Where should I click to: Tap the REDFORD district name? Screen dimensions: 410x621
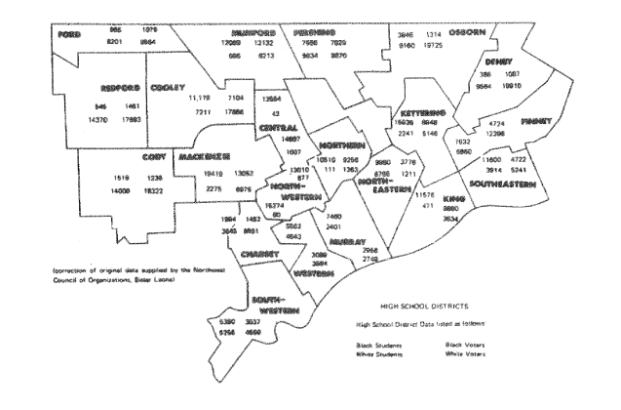click(x=106, y=85)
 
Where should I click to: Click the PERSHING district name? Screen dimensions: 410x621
click(x=313, y=32)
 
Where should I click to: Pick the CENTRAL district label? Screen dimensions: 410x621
click(x=280, y=126)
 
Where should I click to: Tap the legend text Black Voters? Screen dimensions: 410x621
click(x=466, y=344)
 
